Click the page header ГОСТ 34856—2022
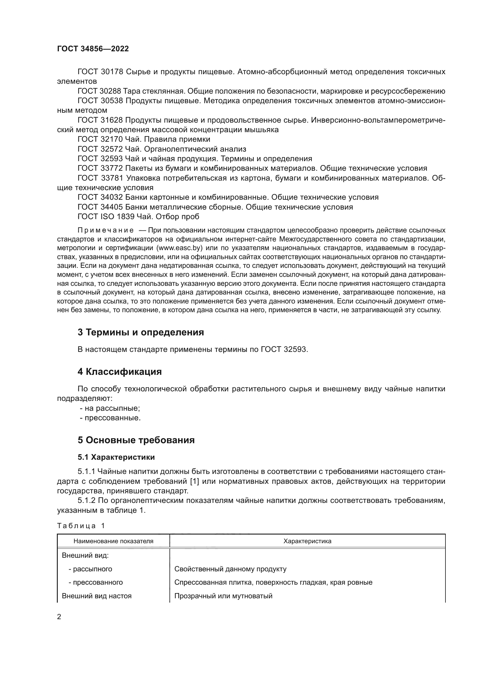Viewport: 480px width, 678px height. [93, 49]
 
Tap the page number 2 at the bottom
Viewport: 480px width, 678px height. [59, 617]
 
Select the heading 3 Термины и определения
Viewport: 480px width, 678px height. [141, 332]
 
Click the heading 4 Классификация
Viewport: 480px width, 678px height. [120, 372]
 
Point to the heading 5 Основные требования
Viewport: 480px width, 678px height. [136, 440]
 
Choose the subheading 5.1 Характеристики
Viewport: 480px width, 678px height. [116, 457]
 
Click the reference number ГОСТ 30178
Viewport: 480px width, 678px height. [100, 72]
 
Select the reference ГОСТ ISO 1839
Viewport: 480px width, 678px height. [106, 217]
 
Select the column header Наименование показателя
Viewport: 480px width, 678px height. [113, 541]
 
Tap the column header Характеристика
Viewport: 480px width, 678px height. [307, 541]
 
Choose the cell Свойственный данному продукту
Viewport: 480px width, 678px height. [230, 569]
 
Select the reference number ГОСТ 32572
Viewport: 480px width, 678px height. [100, 149]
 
